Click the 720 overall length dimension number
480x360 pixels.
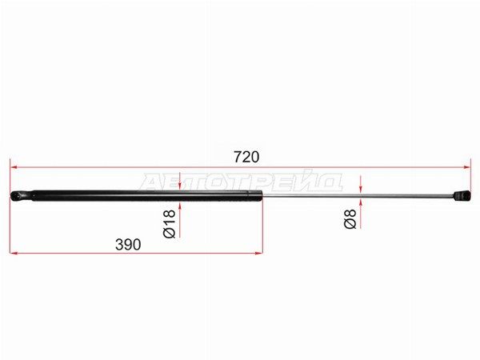pos(246,157)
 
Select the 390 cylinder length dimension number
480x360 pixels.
pos(128,244)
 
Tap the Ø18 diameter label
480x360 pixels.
pos(170,224)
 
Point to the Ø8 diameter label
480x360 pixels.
pos(350,219)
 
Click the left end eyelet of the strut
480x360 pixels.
pos(21,196)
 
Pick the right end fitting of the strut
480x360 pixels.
pos(462,196)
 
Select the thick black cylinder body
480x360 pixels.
pos(147,196)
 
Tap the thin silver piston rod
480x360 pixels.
pos(358,196)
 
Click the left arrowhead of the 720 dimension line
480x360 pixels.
pos(14,167)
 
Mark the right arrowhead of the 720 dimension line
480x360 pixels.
pos(466,167)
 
